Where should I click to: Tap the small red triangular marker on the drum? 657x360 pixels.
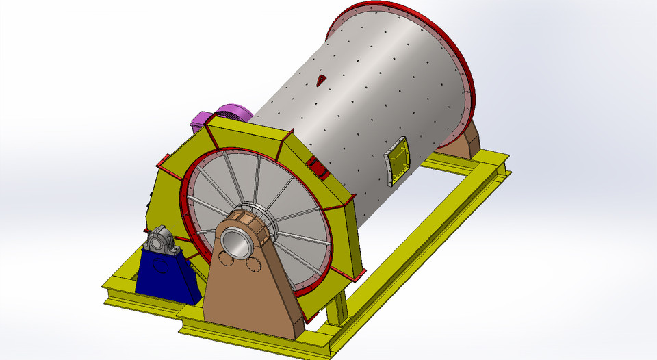(x=321, y=81)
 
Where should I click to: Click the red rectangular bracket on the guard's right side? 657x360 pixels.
(x=316, y=166)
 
